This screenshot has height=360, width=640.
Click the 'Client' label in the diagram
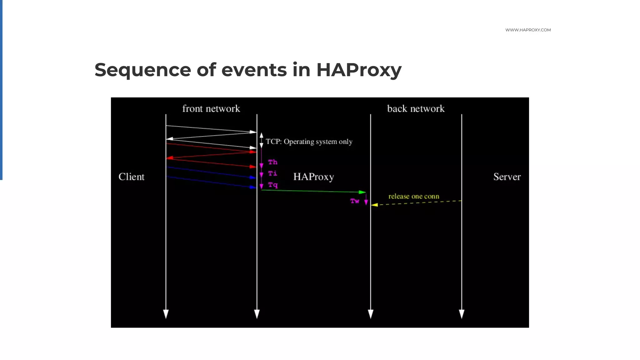(132, 177)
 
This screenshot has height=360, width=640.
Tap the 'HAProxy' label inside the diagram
(313, 177)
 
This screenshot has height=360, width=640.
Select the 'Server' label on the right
(507, 177)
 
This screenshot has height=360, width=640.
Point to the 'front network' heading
(211, 109)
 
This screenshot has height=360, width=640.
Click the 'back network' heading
(416, 109)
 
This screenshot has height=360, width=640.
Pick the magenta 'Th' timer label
(273, 162)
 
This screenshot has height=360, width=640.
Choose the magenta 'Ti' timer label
(272, 173)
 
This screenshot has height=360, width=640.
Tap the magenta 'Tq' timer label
(273, 185)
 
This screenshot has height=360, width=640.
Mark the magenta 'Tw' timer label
(355, 201)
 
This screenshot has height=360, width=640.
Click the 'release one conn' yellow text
(414, 196)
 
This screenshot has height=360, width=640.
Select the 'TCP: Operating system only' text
(309, 142)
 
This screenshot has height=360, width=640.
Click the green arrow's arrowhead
(362, 192)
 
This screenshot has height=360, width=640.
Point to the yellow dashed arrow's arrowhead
(374, 205)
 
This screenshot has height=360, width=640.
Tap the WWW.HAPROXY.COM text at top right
(528, 30)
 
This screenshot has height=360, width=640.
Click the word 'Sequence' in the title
(142, 70)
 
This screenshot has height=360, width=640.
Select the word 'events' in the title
(254, 70)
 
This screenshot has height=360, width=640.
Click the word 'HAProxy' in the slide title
(359, 70)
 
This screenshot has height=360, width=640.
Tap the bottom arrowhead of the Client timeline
(166, 314)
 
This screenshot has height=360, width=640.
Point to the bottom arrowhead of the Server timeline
(462, 314)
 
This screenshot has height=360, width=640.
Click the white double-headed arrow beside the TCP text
(262, 140)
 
